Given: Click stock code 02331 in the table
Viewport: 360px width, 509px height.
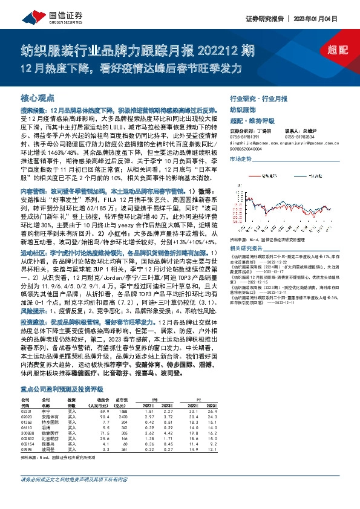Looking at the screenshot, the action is [x=28, y=410].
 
